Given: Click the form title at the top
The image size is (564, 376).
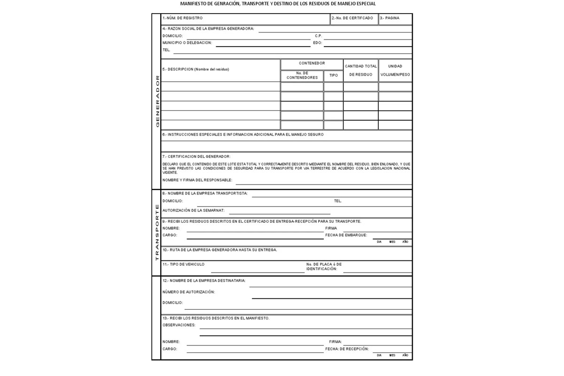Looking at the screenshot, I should [x=278, y=4].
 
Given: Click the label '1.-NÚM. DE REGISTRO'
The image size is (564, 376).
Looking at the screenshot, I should [x=182, y=18].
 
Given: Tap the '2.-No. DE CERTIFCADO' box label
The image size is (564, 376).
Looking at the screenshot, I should [x=352, y=18].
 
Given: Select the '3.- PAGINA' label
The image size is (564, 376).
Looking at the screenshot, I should [x=390, y=18].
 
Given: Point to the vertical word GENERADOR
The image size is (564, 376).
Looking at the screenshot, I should [x=157, y=101].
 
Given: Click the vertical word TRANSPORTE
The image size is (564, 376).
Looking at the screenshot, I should [x=157, y=232].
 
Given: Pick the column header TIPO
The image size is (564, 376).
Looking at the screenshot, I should [x=333, y=75].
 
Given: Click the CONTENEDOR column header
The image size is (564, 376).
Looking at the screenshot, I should [x=312, y=63].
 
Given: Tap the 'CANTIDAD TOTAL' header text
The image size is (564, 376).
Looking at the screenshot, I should [x=360, y=66].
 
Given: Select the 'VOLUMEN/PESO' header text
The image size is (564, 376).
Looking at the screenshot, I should [x=395, y=75].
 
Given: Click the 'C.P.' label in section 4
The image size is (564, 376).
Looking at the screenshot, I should [x=318, y=36].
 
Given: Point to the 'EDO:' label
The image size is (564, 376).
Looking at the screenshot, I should [x=317, y=43].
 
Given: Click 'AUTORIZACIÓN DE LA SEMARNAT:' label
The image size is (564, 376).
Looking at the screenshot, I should [x=193, y=211].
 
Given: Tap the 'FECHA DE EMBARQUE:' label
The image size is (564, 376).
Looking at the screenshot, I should [x=346, y=235].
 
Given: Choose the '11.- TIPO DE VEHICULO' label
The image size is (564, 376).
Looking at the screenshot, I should [x=183, y=265].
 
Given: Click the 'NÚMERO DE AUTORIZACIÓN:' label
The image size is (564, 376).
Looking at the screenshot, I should [x=188, y=292].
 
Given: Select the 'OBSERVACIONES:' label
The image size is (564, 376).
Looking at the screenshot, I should [x=179, y=325].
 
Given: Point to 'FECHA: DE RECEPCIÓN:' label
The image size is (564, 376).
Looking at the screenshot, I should [x=347, y=349].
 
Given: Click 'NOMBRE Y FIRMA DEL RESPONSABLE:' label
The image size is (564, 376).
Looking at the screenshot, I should [x=197, y=180].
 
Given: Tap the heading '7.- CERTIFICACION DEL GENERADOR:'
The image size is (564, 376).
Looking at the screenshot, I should [x=196, y=157].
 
